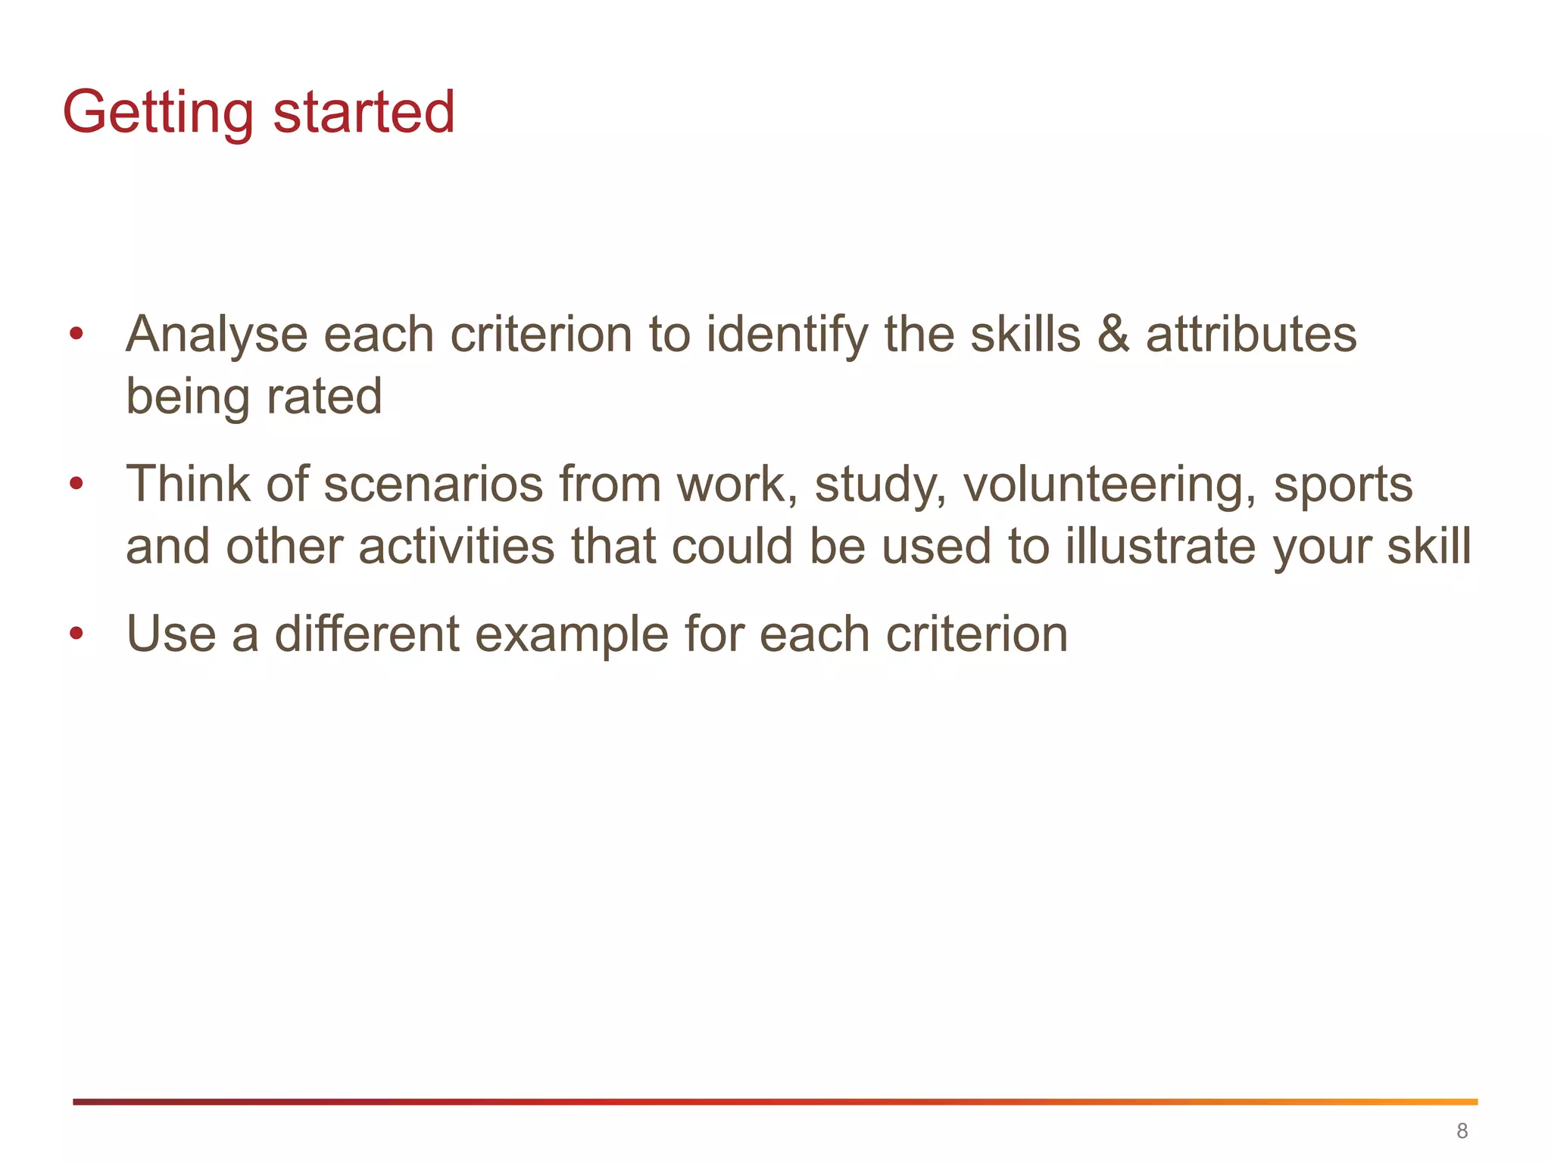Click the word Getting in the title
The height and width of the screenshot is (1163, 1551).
click(158, 113)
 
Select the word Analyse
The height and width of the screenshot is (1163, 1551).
click(217, 335)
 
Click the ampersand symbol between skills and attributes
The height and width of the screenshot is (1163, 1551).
click(1113, 335)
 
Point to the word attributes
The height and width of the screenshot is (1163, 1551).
click(1251, 335)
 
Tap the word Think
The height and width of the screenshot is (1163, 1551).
click(188, 484)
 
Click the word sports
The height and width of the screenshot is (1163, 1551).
click(1343, 484)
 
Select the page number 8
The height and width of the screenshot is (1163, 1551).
click(1462, 1131)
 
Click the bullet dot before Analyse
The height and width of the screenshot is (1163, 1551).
click(76, 333)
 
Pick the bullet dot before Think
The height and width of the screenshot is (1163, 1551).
click(76, 483)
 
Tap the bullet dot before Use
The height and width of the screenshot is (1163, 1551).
click(76, 632)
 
